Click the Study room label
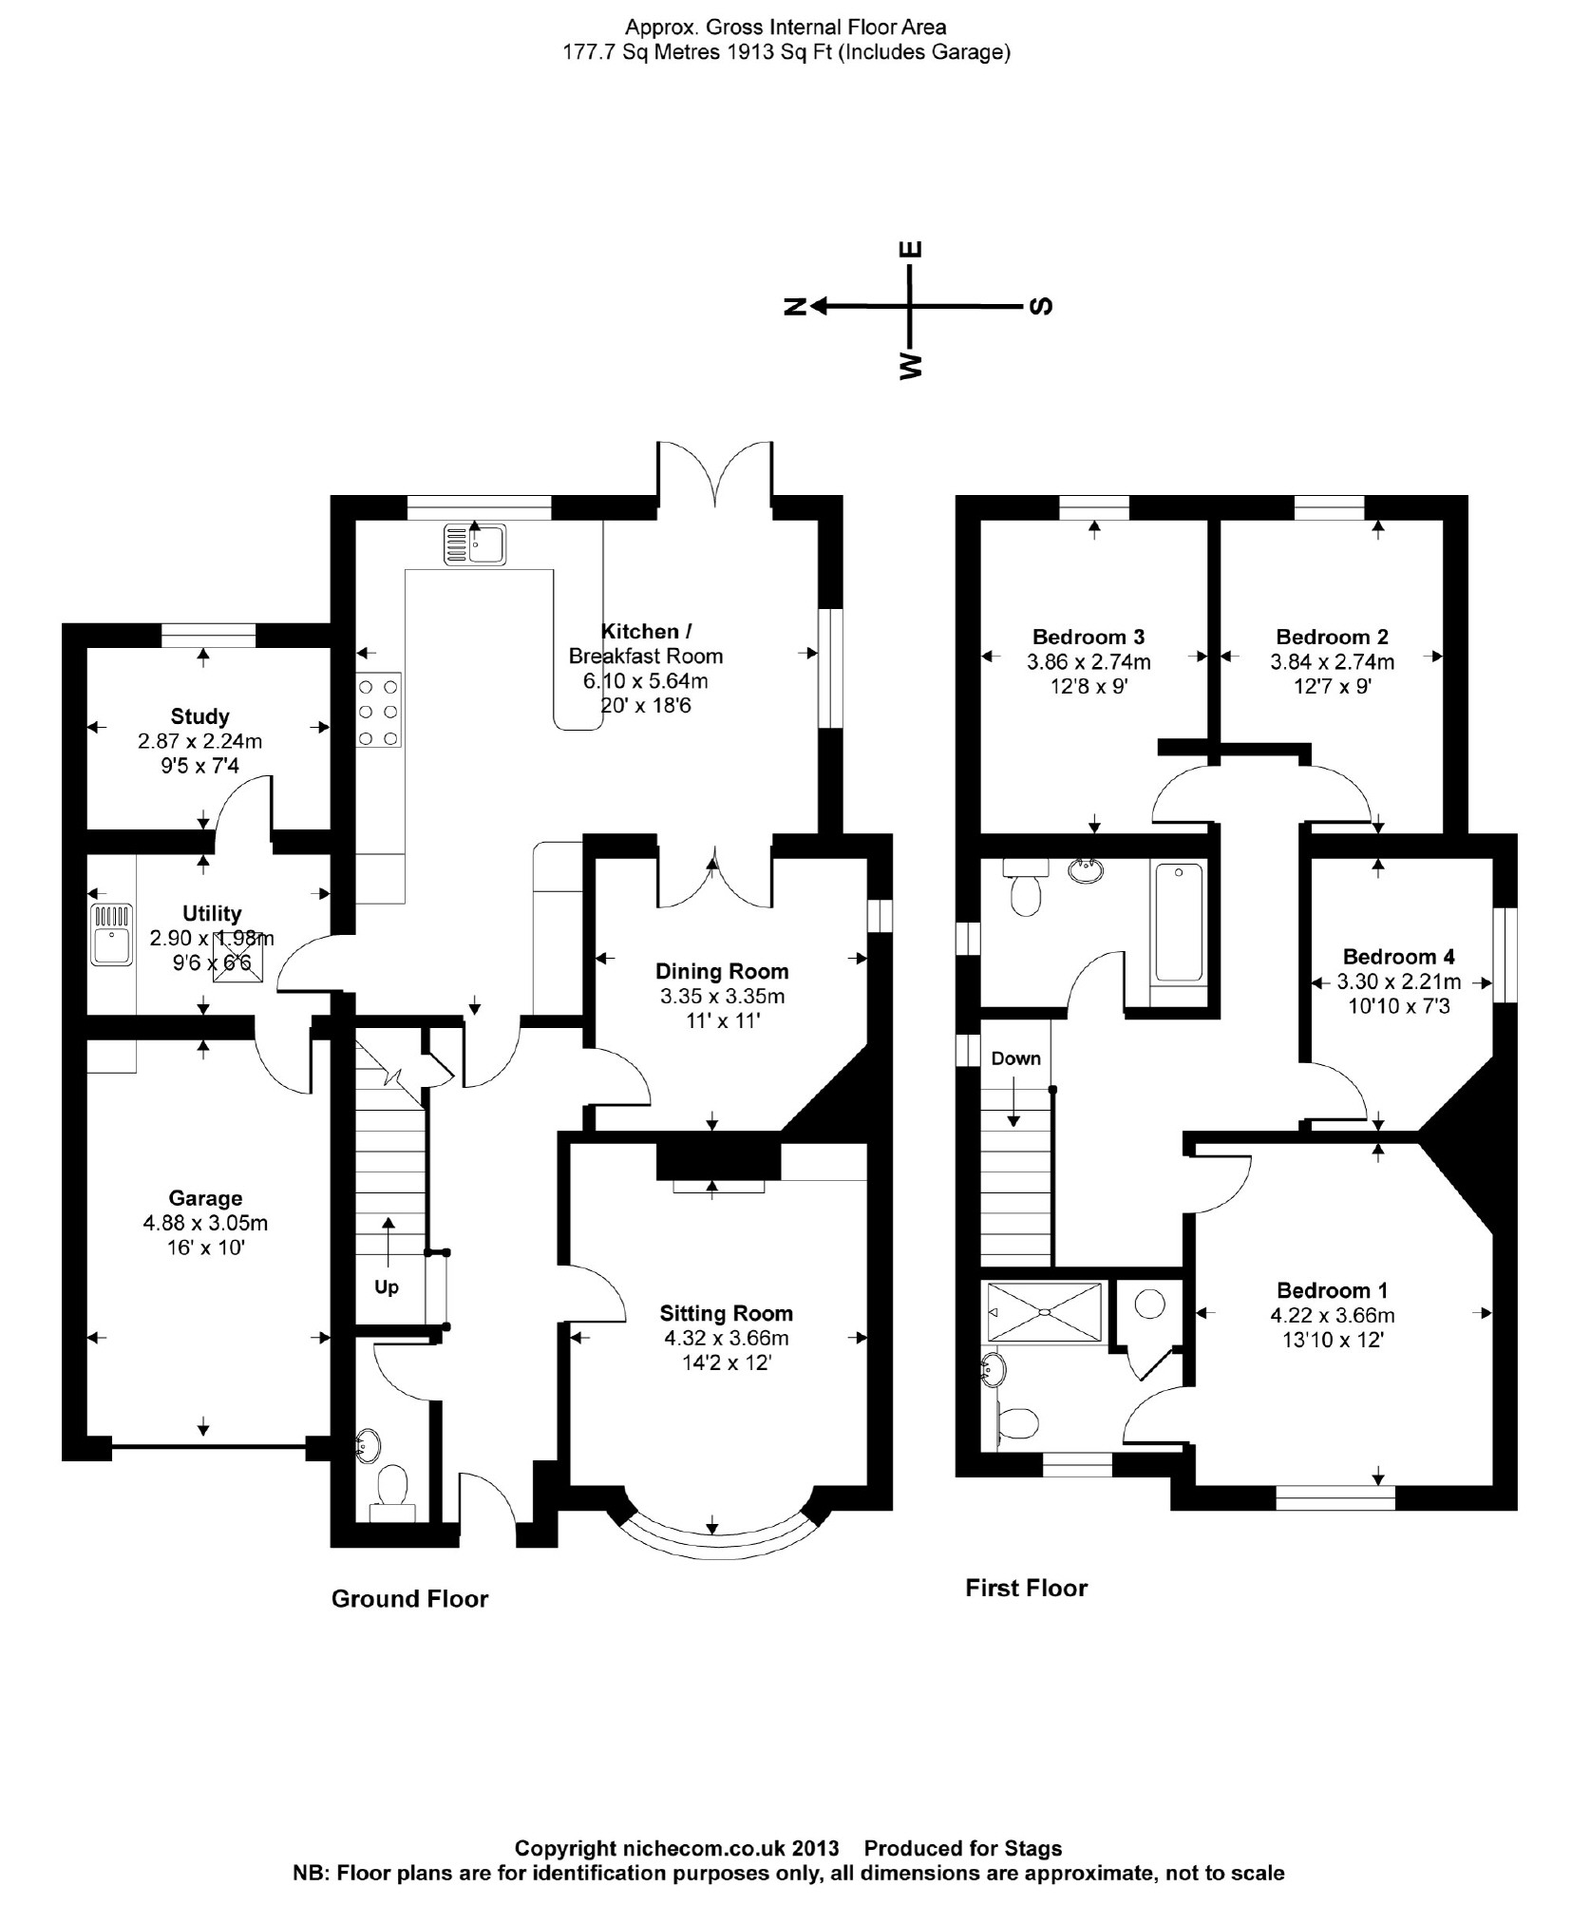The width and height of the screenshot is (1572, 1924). [199, 716]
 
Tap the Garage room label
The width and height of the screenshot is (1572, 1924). [205, 1198]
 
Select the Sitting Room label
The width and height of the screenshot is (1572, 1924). [726, 1313]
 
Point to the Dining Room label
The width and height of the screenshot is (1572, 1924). [722, 971]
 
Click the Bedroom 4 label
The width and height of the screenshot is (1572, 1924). [1398, 956]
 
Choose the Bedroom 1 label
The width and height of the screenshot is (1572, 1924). [1332, 1290]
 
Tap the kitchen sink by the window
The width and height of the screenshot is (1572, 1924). [474, 544]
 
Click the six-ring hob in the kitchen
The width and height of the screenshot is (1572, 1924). [378, 710]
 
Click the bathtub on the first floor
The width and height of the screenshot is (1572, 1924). [1178, 921]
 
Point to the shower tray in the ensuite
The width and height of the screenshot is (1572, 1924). [1047, 1312]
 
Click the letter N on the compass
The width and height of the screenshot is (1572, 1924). [794, 306]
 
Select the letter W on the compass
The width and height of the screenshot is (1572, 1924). [910, 366]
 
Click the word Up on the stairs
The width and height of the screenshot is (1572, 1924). [386, 1287]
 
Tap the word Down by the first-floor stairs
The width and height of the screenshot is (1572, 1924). [1015, 1058]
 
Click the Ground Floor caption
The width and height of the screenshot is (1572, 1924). [409, 1599]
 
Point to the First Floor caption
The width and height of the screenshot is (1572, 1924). [1026, 1588]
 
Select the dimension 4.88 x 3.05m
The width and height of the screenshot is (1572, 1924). [205, 1223]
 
